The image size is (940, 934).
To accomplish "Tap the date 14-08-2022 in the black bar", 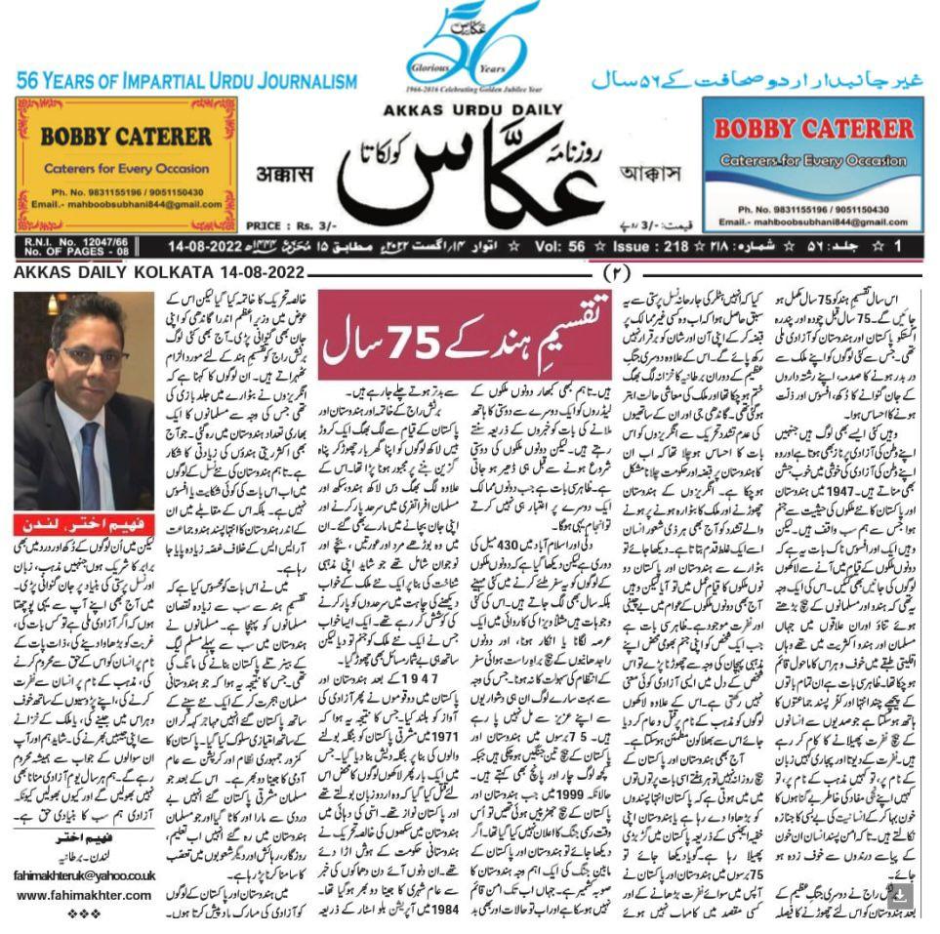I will click(223, 248).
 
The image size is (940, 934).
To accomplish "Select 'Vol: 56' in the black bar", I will click(563, 248).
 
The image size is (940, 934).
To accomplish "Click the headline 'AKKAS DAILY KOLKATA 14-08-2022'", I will click(159, 272).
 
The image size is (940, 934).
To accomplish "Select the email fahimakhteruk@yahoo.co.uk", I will click(83, 875).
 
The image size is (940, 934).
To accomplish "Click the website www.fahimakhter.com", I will click(83, 895).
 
